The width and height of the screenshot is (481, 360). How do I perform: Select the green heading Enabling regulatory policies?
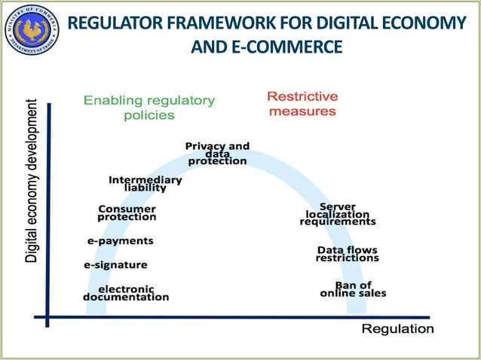[149, 107]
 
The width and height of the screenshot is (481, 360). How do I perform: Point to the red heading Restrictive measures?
[302, 104]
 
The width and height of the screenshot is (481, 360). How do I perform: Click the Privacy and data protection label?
[217, 153]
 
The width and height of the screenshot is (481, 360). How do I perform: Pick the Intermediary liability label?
[146, 184]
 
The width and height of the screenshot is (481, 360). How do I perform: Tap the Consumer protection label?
[127, 212]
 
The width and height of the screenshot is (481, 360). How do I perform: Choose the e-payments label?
[121, 241]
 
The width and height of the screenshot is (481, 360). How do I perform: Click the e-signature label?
[115, 265]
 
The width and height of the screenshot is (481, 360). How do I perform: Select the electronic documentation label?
[126, 292]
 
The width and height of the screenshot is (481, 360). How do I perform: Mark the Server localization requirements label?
[337, 214]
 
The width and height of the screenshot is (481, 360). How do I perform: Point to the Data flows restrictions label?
[347, 254]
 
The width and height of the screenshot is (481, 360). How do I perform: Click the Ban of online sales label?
[353, 289]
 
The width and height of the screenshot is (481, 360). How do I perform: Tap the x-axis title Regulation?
[397, 329]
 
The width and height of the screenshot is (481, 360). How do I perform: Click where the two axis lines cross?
[47, 317]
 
